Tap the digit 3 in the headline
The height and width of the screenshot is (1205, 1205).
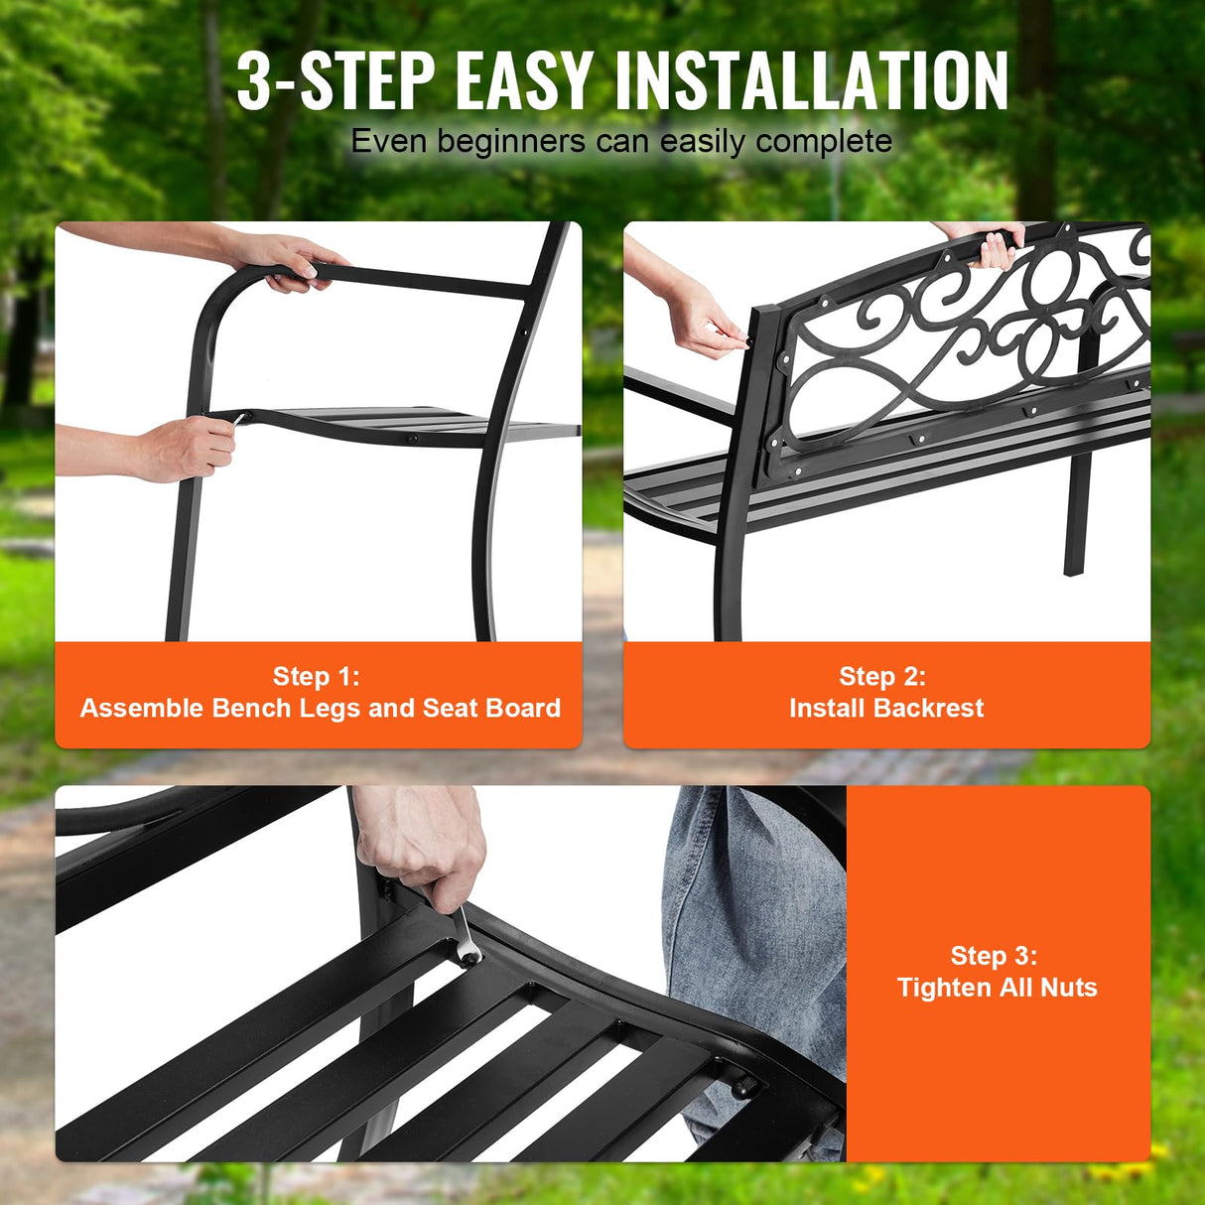click(x=254, y=81)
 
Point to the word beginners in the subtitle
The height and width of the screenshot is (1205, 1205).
click(x=511, y=142)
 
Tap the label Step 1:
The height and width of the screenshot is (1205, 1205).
click(x=317, y=677)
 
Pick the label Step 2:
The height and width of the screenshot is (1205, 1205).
click(x=882, y=677)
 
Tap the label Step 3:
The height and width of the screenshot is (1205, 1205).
click(x=994, y=956)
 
